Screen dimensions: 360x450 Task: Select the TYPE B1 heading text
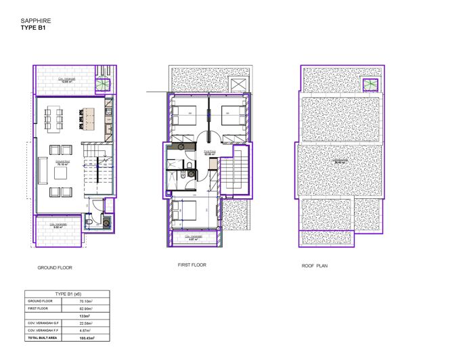pos(33,29)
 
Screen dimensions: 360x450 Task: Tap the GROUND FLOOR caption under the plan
pos(55,268)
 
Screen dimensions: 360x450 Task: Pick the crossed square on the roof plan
pos(370,84)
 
